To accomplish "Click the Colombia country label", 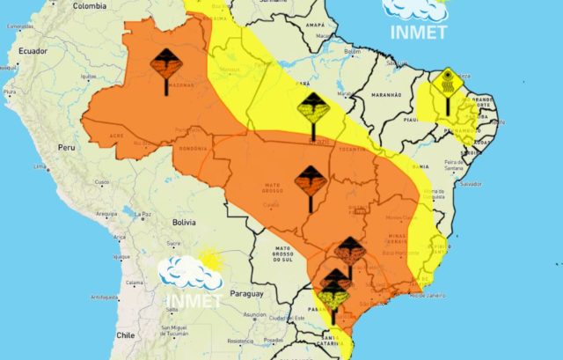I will (89, 6).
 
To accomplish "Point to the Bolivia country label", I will (183, 223).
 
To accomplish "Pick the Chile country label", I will (125, 334).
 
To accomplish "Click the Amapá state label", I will (314, 26).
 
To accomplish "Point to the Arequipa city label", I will (106, 213).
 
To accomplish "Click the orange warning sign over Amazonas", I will (165, 69).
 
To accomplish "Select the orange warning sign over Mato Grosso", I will (310, 182).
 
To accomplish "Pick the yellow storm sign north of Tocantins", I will (313, 112).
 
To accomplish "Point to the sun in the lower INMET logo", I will (210, 258).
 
